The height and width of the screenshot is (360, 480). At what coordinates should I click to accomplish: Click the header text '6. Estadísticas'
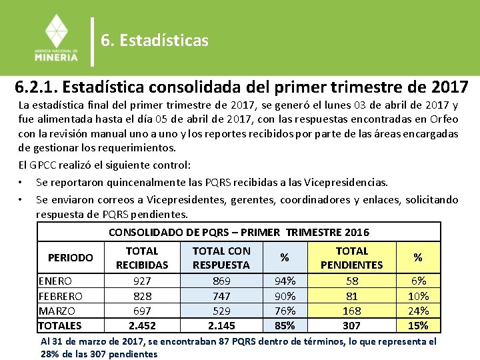coord(155,41)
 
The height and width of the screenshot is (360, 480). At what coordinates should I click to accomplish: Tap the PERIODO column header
coord(71,257)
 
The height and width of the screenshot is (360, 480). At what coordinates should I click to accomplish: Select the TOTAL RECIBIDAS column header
coord(142,258)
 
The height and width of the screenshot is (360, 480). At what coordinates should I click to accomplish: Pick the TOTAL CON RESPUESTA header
coord(221,258)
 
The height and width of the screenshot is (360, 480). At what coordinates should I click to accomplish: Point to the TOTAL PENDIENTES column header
coord(351,258)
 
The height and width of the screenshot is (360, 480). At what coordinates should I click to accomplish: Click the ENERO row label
coord(55,281)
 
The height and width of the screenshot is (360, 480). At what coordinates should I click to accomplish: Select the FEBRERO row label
coord(61,296)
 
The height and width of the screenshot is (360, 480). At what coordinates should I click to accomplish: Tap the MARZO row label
coord(57,311)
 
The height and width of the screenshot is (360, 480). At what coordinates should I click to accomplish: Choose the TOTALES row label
coord(60,325)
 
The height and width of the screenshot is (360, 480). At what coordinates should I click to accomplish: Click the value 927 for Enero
coord(142,281)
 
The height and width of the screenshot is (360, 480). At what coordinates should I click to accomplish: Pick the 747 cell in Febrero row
coord(221,296)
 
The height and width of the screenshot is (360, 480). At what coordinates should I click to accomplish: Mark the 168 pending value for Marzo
coord(351,311)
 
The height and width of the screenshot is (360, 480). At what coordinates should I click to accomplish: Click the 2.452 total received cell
coord(142,325)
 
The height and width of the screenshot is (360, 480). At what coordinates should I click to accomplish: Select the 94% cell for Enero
coord(285,281)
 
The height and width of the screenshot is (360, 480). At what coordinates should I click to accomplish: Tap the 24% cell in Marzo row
coord(418,311)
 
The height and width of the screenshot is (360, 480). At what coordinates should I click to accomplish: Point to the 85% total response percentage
coord(285,325)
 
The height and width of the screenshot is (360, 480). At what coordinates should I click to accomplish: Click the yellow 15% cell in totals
coord(418,325)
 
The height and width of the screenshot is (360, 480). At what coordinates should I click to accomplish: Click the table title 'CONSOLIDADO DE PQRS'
coord(239,232)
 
